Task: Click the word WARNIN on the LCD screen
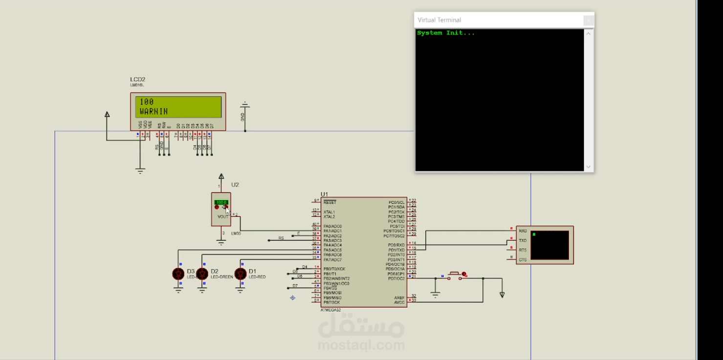153,112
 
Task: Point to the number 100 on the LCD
147,102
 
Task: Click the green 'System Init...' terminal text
445,33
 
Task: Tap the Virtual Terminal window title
439,20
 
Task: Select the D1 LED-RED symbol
240,274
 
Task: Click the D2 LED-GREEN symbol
202,274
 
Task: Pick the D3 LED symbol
178,274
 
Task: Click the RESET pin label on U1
329,202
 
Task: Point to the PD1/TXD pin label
396,250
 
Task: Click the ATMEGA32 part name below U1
331,310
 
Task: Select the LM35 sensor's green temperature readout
221,202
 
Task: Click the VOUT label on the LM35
223,216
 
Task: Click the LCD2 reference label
137,79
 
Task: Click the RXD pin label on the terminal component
523,231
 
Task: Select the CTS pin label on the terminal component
523,260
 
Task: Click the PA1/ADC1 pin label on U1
332,231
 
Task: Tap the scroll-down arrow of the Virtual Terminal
589,167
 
